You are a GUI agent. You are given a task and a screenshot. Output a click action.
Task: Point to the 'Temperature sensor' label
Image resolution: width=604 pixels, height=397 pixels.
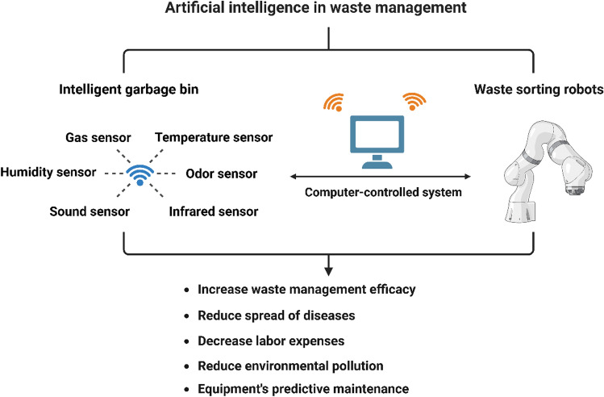tap(214, 137)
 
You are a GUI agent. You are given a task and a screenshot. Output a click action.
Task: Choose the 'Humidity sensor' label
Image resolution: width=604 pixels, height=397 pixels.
tap(49, 173)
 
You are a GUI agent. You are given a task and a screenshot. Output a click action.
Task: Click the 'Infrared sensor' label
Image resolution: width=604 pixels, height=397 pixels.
tap(214, 211)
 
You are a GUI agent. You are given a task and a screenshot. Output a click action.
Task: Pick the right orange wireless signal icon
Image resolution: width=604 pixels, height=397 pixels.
tap(414, 99)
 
